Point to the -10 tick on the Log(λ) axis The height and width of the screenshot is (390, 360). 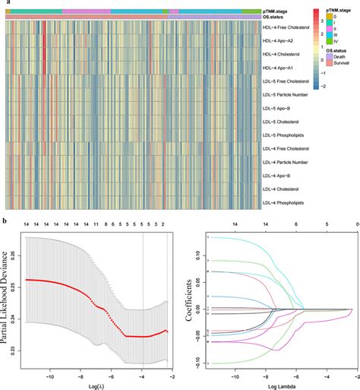click(50, 376)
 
